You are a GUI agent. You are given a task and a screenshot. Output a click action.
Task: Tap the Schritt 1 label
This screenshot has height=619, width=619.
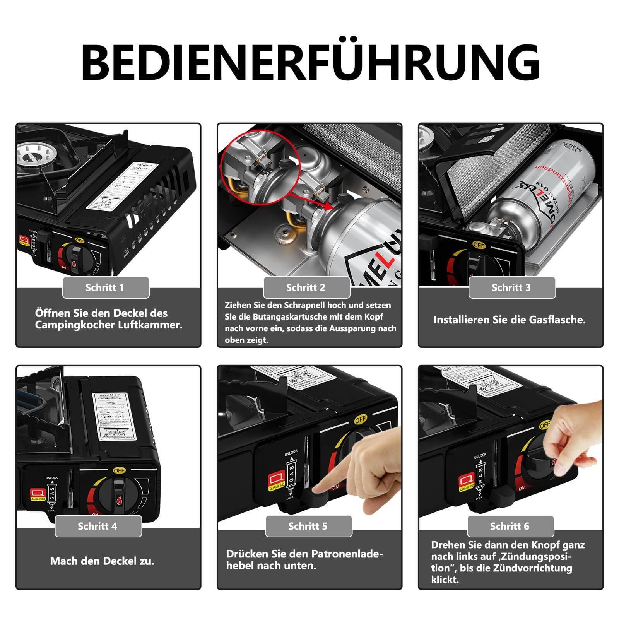click(x=106, y=287)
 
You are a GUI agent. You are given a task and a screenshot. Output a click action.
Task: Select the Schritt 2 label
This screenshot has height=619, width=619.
click(x=306, y=287)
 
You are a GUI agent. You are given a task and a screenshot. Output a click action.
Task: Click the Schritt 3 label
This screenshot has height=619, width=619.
click(x=511, y=287)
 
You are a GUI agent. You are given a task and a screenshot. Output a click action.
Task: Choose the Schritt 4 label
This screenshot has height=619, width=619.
click(x=98, y=526)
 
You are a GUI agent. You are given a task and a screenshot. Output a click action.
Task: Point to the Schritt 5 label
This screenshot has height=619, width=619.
click(x=308, y=526)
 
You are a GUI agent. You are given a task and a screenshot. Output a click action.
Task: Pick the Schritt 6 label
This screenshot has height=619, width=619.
click(x=510, y=526)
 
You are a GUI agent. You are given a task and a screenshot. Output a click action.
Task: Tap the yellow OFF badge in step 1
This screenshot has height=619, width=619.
click(x=80, y=240)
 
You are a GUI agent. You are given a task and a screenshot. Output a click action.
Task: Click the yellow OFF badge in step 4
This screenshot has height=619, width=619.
click(x=119, y=470)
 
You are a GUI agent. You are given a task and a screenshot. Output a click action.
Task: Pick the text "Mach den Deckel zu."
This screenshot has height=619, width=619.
click(x=102, y=561)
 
